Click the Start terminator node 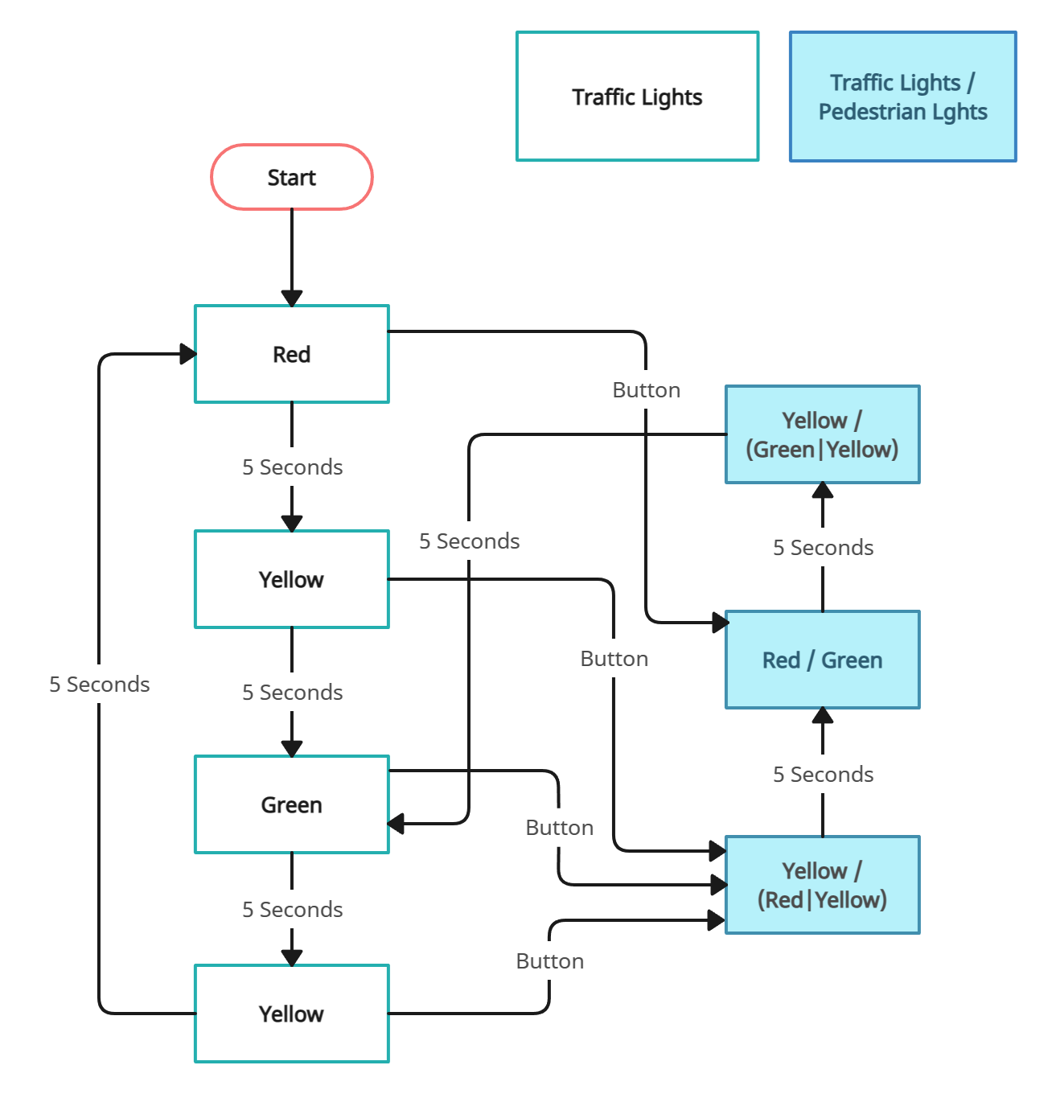291,177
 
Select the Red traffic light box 291,354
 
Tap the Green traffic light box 291,804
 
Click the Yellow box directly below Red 291,579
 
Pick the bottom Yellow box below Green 291,1014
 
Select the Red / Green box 822,660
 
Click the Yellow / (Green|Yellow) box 822,434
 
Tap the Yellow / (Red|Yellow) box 822,885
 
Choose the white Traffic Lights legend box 637,97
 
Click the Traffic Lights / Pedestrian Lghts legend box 902,97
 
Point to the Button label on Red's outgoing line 646,390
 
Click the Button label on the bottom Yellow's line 549,961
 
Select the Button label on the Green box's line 559,828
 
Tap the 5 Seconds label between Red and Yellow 292,467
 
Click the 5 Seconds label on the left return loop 99,685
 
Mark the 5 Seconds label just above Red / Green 823,548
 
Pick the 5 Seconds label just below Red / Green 823,775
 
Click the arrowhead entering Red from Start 292,298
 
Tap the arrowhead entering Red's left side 187,354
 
